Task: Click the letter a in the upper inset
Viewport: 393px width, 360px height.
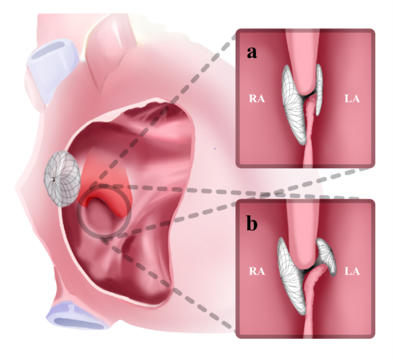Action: (251, 53)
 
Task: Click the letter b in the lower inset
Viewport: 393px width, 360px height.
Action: (251, 224)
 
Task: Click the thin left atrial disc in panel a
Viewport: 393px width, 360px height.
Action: (319, 86)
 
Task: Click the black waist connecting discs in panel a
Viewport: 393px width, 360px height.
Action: (310, 93)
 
